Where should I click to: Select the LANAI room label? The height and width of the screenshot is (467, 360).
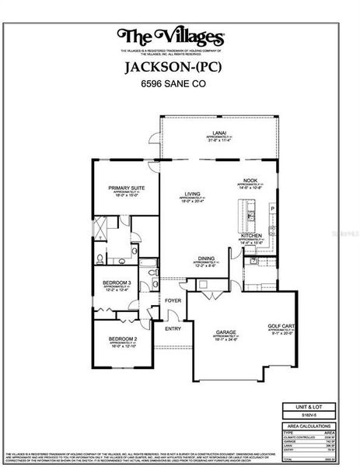coord(220,134)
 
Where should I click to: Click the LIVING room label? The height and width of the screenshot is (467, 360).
coord(191,194)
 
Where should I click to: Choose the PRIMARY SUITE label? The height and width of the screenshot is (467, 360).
coord(126,188)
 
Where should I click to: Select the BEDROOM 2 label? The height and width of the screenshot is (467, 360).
coord(122,339)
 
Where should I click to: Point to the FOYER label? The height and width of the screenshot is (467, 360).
coord(173,300)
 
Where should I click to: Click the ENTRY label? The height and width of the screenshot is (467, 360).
coord(173,328)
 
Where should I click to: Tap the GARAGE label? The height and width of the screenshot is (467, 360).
coord(226,332)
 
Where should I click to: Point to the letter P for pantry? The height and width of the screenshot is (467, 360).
coord(271,209)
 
